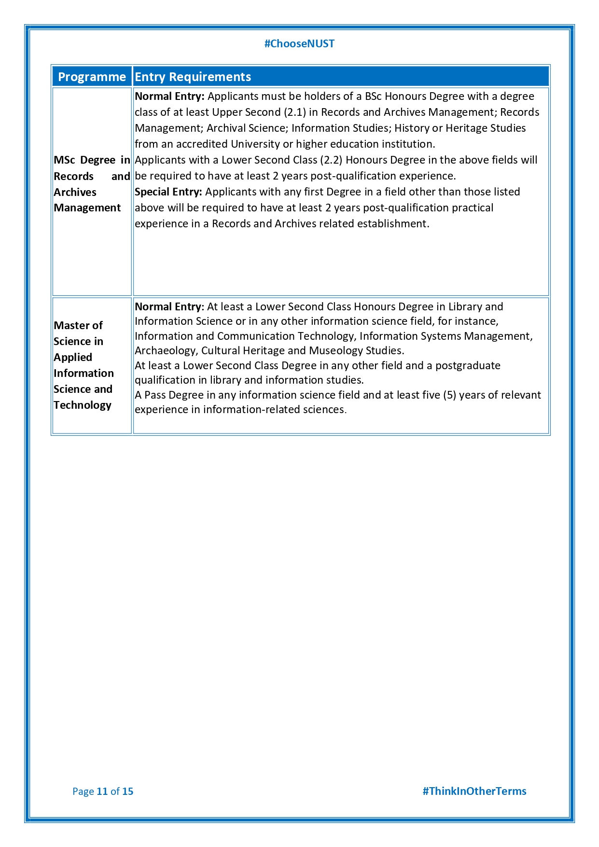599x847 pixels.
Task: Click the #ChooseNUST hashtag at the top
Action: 299,44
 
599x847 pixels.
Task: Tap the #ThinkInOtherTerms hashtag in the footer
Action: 474,791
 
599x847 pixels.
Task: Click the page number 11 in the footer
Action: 102,791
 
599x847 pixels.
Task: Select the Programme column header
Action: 92,77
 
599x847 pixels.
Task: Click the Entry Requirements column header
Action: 193,77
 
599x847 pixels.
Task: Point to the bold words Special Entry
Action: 168,192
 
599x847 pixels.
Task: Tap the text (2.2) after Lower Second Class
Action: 331,160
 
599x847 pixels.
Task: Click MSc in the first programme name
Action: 65,160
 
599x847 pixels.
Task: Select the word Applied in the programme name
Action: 73,358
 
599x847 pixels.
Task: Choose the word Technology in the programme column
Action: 83,405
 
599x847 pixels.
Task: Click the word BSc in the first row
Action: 373,97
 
